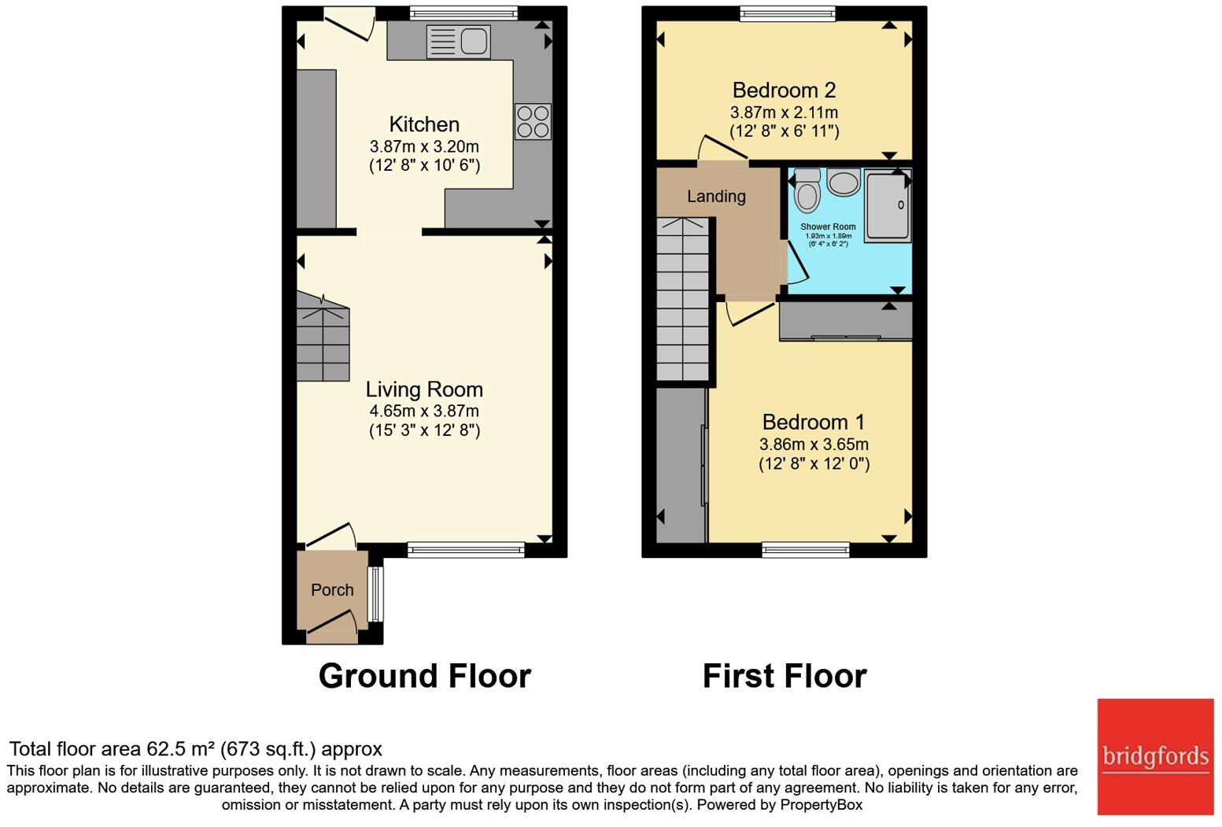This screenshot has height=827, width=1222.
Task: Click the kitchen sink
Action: [457, 42]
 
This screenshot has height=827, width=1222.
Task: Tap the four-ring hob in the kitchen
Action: [533, 122]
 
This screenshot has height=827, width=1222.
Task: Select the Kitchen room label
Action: [424, 124]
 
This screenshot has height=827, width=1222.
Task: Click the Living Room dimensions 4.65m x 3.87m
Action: [424, 411]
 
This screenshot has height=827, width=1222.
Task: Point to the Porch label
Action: [332, 590]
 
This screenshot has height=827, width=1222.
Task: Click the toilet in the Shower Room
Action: [807, 191]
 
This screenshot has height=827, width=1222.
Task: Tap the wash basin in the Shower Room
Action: [844, 183]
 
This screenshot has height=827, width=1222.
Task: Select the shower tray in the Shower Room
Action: [888, 205]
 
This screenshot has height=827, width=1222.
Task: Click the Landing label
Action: [716, 196]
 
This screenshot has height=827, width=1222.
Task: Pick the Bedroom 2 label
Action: [784, 90]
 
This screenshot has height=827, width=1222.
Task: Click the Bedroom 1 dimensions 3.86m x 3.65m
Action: [814, 445]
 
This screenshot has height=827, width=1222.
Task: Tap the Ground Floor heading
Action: [424, 676]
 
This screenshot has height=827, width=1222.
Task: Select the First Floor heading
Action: [785, 676]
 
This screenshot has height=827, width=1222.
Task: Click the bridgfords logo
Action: [1155, 756]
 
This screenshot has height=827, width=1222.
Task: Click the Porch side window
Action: [377, 594]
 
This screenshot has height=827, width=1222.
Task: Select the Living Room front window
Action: [466, 549]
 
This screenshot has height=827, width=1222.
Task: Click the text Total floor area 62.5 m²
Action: [195, 749]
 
